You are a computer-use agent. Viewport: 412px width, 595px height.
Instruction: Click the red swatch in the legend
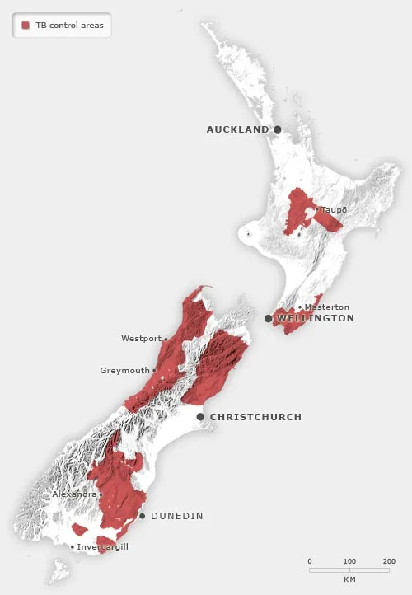click(x=26, y=26)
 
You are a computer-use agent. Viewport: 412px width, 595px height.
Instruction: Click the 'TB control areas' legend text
click(x=68, y=26)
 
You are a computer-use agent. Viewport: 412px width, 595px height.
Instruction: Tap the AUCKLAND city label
click(x=237, y=129)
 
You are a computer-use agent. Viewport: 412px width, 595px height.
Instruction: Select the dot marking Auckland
click(x=278, y=129)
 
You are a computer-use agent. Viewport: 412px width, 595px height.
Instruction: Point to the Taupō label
click(x=334, y=210)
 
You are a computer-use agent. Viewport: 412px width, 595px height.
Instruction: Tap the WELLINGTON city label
click(x=316, y=318)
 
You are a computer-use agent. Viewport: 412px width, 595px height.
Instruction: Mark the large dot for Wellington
click(x=269, y=318)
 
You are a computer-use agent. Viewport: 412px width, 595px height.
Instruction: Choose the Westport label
click(x=141, y=339)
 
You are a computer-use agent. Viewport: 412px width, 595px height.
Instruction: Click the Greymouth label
click(x=124, y=371)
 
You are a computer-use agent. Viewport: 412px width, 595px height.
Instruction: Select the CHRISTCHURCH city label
click(x=255, y=417)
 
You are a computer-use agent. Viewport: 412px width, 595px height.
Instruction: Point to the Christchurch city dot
click(x=200, y=417)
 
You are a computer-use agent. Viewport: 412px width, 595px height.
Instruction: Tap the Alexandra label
click(x=74, y=494)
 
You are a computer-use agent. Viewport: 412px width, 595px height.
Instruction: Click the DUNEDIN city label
click(x=176, y=516)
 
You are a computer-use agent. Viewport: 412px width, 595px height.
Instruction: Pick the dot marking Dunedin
click(x=142, y=516)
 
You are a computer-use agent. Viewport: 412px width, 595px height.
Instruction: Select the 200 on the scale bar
click(x=389, y=561)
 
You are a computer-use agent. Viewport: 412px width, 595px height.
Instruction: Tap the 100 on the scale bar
click(x=349, y=561)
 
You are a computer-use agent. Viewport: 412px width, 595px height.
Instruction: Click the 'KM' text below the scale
click(x=349, y=579)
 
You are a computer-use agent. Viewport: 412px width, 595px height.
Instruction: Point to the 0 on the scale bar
click(x=310, y=561)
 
